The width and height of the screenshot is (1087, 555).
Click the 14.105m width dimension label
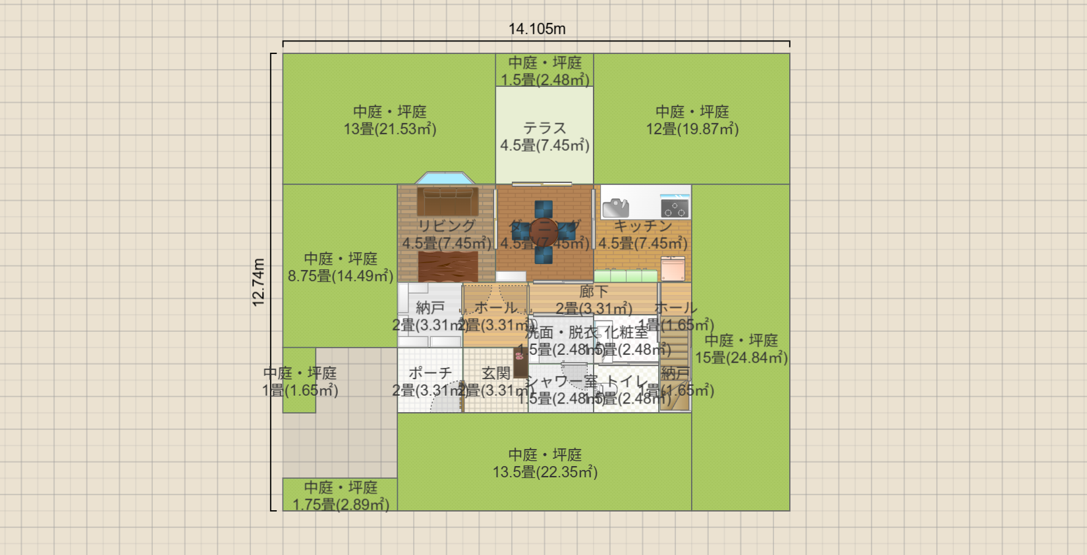536,29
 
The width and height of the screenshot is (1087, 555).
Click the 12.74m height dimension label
258,282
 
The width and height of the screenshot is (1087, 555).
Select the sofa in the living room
447,201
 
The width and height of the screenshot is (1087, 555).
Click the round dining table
544,232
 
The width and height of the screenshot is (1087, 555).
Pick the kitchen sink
616,208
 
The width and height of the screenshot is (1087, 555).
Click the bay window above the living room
445,178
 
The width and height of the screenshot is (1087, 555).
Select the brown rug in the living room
447,267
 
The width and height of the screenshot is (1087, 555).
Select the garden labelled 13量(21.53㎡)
389,120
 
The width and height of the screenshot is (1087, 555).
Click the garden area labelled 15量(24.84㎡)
741,349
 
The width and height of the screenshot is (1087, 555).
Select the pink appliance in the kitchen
673,269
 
